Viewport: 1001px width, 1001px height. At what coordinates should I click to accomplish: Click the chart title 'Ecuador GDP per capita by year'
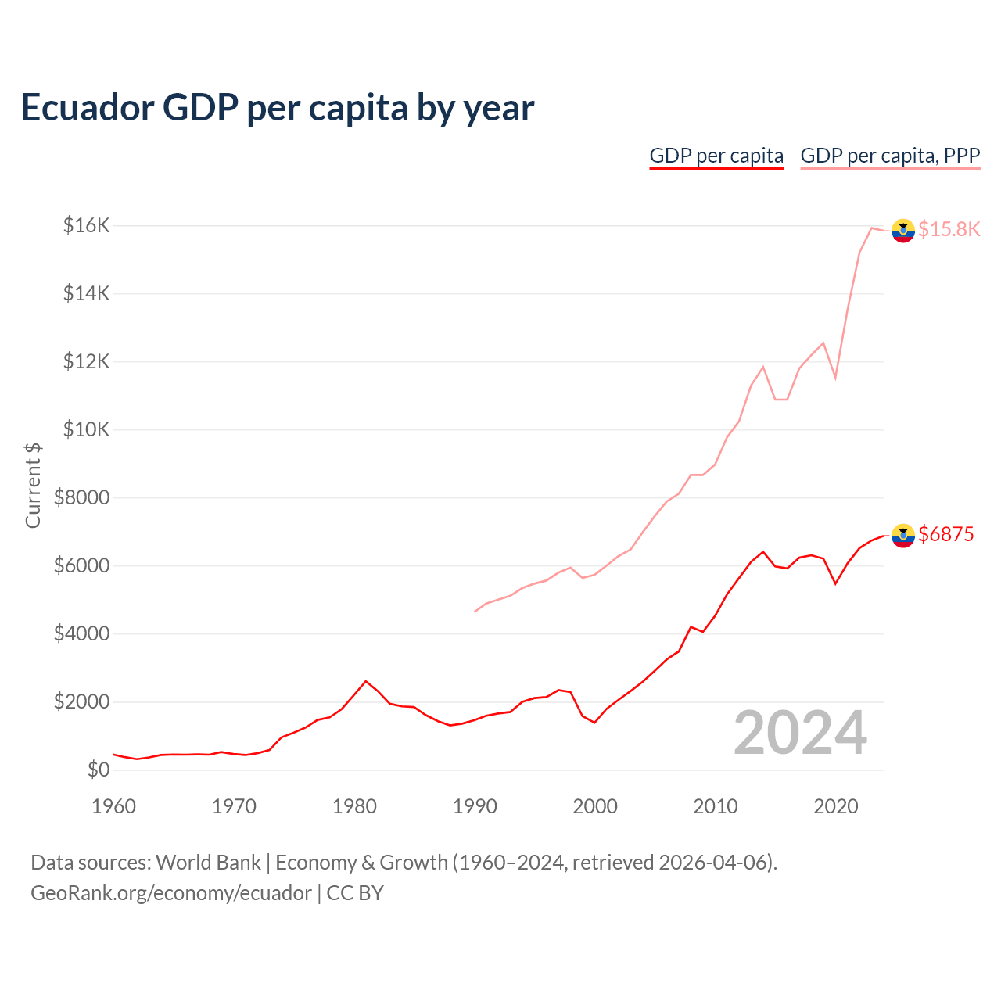point(278,108)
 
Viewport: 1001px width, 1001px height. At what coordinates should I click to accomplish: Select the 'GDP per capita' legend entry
point(716,156)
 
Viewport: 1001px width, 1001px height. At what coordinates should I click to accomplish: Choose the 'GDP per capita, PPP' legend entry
point(890,156)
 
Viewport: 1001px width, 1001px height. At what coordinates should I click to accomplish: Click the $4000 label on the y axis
point(81,634)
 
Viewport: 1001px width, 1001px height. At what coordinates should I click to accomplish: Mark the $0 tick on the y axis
point(98,770)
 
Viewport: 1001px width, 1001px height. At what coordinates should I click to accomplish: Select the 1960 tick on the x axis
point(114,806)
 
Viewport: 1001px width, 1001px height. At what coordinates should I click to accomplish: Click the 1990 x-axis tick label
point(475,806)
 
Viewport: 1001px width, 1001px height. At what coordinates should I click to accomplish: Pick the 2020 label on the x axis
point(835,806)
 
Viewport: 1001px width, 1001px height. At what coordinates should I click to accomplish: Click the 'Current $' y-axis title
point(33,485)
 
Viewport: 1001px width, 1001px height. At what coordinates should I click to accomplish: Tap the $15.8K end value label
point(949,229)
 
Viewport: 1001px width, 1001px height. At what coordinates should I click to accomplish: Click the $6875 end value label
point(946,534)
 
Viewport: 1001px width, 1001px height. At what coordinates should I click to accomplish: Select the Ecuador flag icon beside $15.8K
point(903,231)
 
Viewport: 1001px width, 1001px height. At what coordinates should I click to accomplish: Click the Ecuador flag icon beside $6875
point(903,536)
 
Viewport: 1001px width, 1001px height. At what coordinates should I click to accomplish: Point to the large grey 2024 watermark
point(800,734)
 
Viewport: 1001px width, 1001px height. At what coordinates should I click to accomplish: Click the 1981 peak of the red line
point(365,681)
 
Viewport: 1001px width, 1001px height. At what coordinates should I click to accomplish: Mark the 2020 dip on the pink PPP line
point(835,378)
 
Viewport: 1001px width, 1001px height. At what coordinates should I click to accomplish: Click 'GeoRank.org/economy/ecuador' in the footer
point(170,893)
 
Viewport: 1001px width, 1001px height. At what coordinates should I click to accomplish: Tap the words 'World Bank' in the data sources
point(208,863)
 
